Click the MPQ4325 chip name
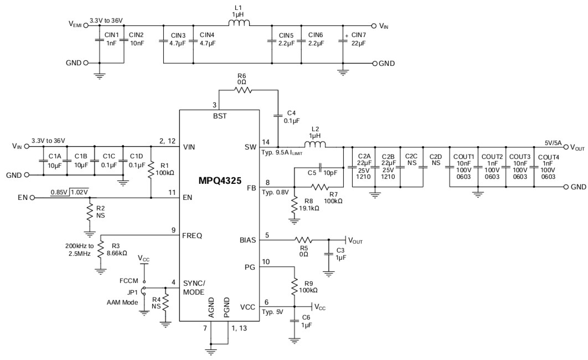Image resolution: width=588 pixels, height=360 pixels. (219, 181)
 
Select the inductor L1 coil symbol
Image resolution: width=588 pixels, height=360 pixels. (239, 24)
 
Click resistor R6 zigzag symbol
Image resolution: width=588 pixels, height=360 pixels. (241, 91)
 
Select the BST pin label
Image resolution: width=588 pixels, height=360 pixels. (219, 116)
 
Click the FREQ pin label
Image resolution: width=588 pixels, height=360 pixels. (192, 235)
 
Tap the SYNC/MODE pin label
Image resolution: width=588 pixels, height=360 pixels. (193, 287)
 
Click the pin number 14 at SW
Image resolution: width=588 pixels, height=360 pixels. (266, 141)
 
